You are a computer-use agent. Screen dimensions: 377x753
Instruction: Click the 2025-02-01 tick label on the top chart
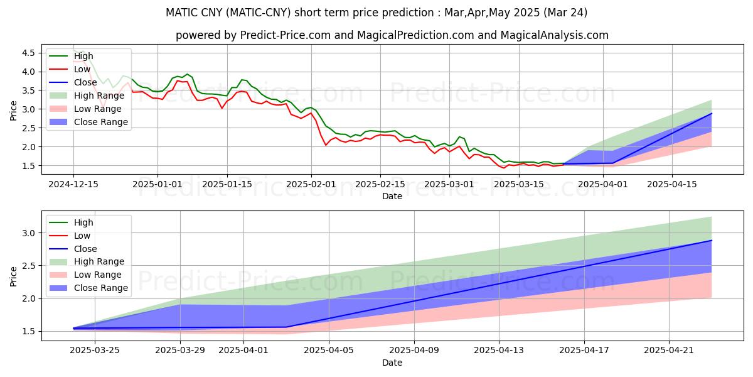[x=311, y=183]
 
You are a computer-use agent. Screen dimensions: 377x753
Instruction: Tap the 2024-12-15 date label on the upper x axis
[x=73, y=183]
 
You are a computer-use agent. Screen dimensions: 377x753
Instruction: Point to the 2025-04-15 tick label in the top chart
[x=672, y=183]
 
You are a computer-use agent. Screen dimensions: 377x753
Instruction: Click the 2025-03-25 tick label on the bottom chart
[x=94, y=351]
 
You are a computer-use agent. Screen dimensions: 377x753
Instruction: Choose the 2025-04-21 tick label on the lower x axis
[x=670, y=351]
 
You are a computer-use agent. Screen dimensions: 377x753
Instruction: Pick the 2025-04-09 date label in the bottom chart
[x=414, y=351]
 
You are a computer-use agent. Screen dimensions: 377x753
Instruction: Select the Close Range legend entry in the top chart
[x=100, y=122]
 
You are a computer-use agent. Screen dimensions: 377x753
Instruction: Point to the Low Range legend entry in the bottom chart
[x=98, y=275]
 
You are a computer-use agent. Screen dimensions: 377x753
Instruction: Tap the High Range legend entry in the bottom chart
[x=99, y=261]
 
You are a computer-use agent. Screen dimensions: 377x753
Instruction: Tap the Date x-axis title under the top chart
[x=392, y=196]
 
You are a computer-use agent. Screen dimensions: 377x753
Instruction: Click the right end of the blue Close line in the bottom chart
[x=712, y=240]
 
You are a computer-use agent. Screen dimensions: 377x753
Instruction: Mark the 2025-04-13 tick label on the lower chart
[x=499, y=351]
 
